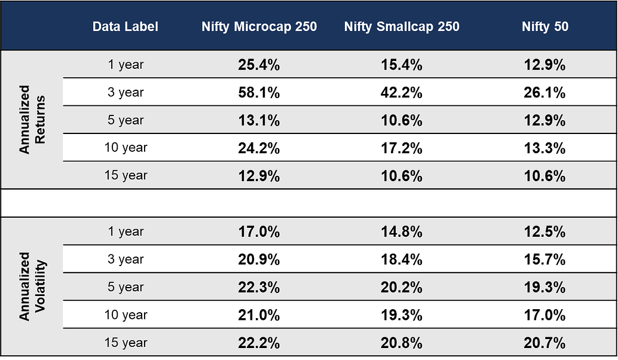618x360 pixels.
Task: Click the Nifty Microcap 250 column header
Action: tap(259, 27)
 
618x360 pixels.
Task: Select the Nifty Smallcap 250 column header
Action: tap(402, 27)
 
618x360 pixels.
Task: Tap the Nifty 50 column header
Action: tap(544, 27)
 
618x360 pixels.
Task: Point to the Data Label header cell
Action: tap(126, 27)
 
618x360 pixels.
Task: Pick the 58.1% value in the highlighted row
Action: tap(259, 93)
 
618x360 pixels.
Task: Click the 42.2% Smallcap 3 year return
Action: tap(402, 93)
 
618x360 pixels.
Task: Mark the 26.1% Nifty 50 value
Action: tap(544, 93)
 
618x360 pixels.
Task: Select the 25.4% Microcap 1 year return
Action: tap(259, 65)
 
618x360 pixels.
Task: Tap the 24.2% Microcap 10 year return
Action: tap(259, 148)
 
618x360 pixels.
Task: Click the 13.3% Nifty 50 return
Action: tap(544, 148)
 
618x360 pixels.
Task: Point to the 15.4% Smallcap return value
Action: tap(402, 65)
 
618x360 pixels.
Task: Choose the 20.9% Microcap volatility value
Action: tap(259, 260)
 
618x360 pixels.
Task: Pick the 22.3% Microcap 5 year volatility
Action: tap(259, 288)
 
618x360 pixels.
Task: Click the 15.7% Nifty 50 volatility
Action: tap(544, 260)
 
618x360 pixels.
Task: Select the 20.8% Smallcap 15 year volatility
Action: tap(402, 343)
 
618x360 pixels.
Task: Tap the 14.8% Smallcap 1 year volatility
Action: tap(402, 232)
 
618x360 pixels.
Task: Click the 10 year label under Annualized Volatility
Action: tap(126, 315)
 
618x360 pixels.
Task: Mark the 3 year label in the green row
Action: tap(126, 93)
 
